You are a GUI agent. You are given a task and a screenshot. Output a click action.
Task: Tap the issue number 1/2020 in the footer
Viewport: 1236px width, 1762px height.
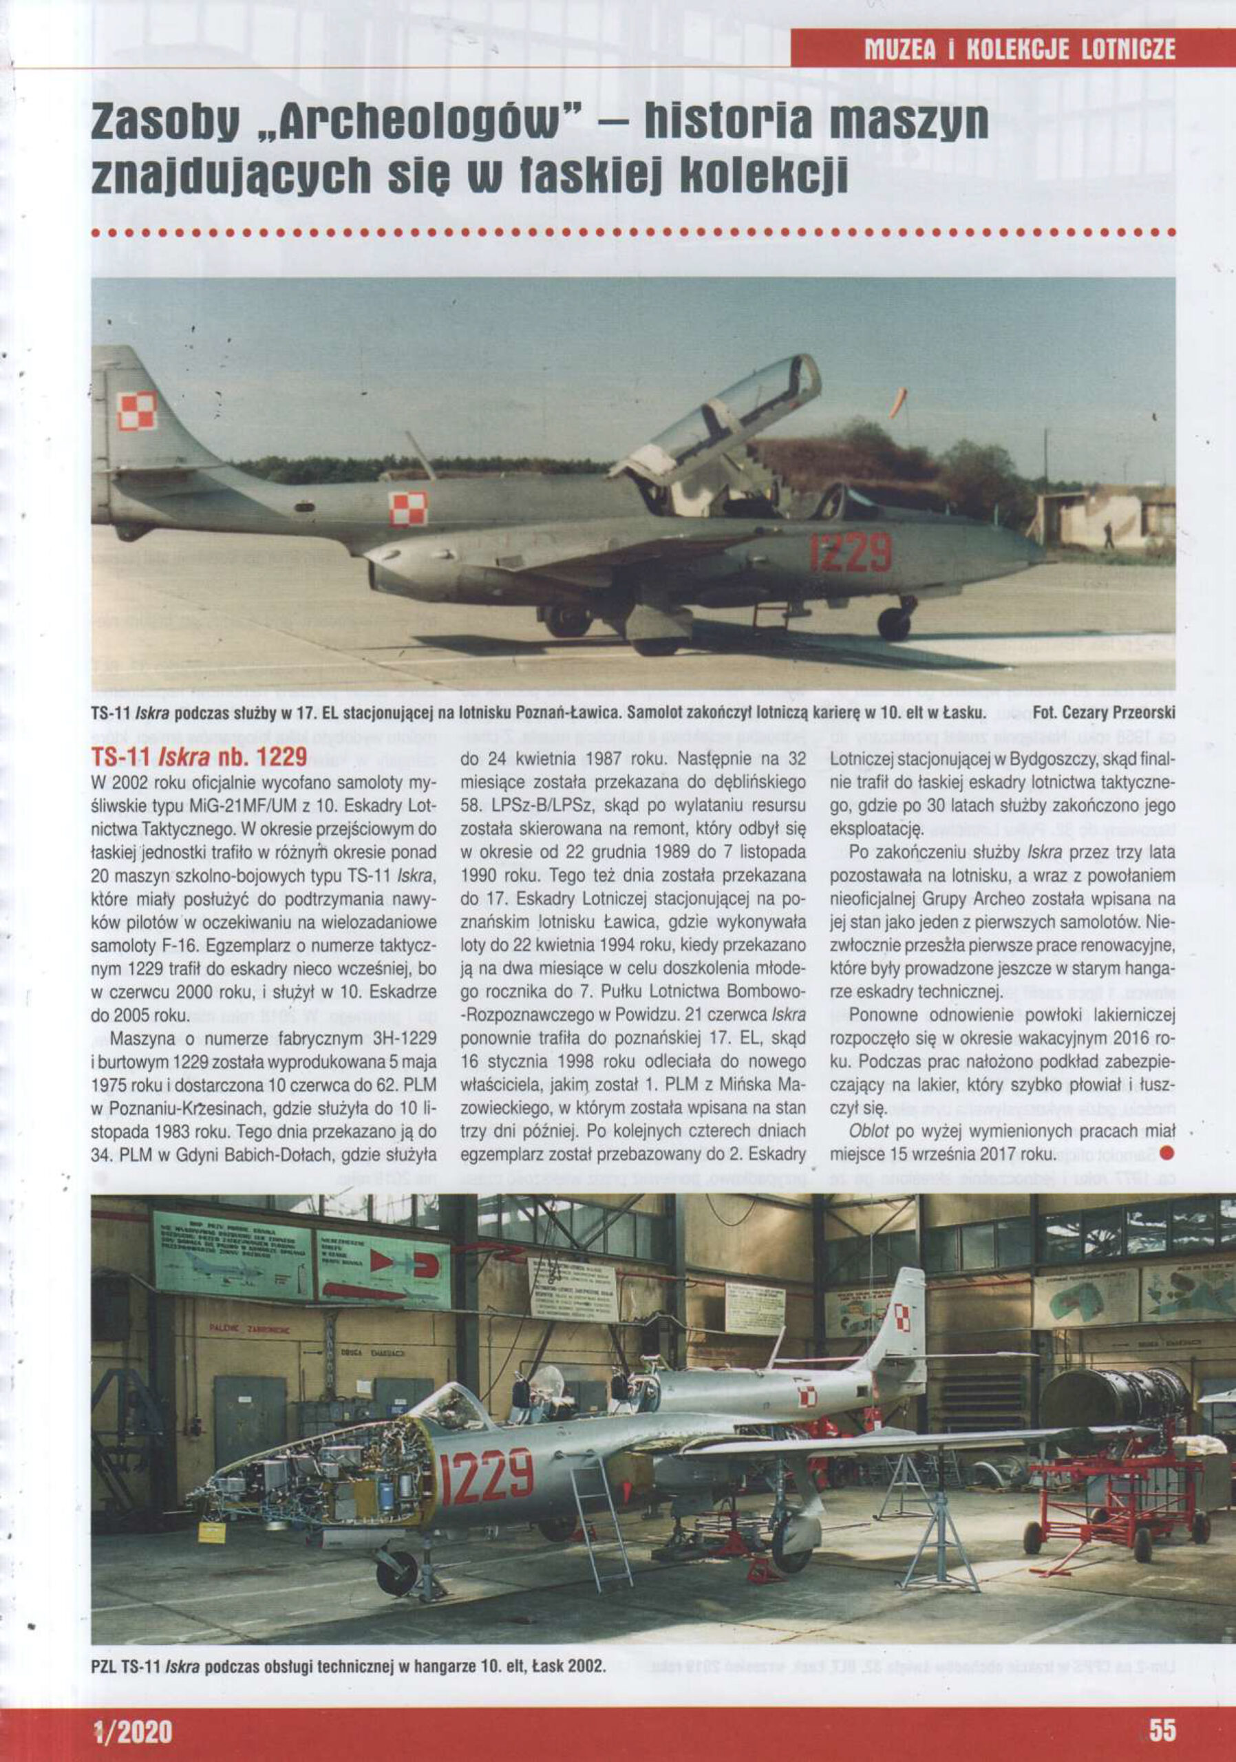point(132,1728)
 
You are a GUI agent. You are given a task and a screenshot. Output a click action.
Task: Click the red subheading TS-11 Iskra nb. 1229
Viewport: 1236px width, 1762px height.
point(199,756)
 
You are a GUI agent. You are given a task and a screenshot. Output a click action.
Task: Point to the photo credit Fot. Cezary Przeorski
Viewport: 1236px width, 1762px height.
point(1104,713)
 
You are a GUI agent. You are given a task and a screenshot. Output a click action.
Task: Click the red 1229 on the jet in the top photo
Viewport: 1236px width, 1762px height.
point(851,552)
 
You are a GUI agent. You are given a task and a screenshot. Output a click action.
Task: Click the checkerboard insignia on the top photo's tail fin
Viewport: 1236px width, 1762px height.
point(136,411)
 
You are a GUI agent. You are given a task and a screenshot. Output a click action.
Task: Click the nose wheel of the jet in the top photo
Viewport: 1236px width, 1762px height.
point(894,622)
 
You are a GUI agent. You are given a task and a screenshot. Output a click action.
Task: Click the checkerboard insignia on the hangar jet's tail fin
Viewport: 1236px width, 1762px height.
point(902,1319)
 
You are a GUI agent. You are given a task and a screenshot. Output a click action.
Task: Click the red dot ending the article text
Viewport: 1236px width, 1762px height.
point(1168,1153)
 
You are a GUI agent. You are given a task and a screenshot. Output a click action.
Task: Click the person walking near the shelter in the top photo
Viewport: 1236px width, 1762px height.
point(1109,534)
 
